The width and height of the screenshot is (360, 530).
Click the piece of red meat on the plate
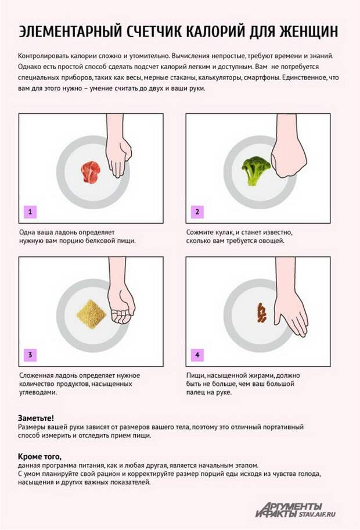coord(91,172)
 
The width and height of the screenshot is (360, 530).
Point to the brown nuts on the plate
coord(261,313)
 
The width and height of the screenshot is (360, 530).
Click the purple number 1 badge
coord(30,212)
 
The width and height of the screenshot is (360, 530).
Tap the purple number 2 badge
coord(197,212)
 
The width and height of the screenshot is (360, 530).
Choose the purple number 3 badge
coord(30,355)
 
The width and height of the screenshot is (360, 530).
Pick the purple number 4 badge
coord(197,355)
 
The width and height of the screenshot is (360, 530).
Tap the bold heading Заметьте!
coord(36,418)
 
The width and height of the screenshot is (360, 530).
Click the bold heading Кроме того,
coord(40,457)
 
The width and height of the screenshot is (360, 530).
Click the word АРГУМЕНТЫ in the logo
coord(293,504)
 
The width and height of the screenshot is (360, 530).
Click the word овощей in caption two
coord(272,241)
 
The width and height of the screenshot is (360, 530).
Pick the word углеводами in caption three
coord(38,392)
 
